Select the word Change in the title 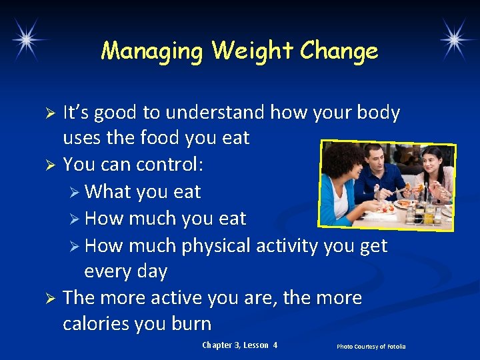click(339, 51)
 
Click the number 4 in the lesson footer click(275, 345)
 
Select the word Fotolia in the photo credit click(393, 347)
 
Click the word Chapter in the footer click(216, 345)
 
